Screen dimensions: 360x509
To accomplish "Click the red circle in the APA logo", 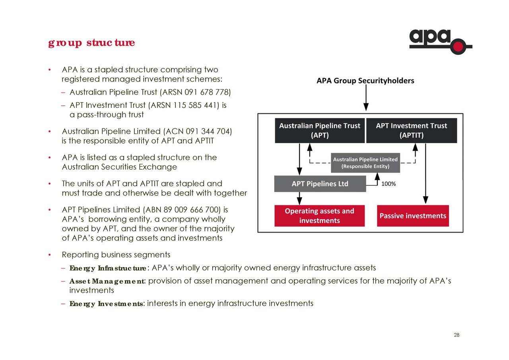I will [458, 47].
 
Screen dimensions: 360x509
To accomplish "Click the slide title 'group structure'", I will [91, 43].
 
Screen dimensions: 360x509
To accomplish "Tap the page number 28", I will [457, 335].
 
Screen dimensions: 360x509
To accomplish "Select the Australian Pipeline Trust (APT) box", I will [319, 130].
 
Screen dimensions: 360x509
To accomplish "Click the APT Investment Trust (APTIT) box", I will [411, 130].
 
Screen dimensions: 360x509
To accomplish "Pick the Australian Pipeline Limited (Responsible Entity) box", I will [365, 163].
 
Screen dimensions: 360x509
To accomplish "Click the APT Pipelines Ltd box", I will [320, 184].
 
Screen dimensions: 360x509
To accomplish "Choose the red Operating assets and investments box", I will [319, 216].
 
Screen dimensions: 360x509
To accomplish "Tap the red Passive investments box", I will [412, 216].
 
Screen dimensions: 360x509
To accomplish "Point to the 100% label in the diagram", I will [389, 184].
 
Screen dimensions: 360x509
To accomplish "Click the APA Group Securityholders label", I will [365, 81].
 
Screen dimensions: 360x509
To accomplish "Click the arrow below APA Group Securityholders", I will [366, 98].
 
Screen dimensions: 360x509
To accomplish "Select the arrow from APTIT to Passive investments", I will [425, 173].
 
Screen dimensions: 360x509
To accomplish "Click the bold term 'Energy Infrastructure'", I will [108, 268].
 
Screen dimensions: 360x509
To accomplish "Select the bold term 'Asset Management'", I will [107, 282].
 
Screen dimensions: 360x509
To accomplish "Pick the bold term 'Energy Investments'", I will [106, 304].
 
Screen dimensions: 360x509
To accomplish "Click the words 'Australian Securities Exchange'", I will [119, 167].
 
